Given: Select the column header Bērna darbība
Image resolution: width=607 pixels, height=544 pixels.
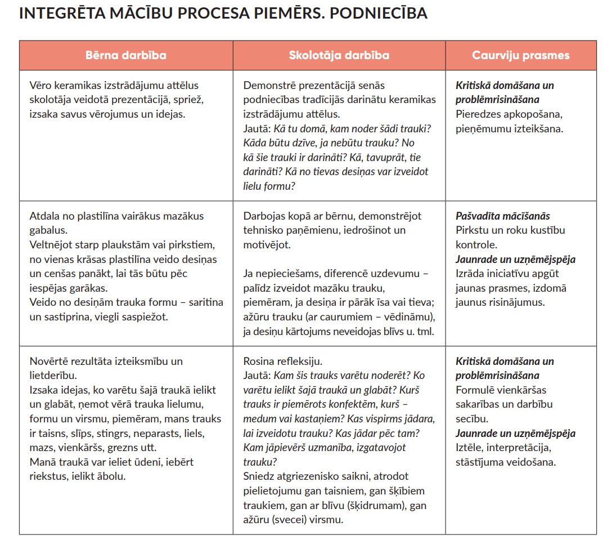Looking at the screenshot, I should pos(125,55).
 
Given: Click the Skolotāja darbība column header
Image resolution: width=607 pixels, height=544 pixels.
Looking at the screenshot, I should pos(339,55).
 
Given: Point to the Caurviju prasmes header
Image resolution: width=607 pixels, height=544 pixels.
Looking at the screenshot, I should pos(520,55).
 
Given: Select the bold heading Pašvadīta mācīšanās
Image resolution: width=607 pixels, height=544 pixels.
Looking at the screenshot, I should pos(502,216).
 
